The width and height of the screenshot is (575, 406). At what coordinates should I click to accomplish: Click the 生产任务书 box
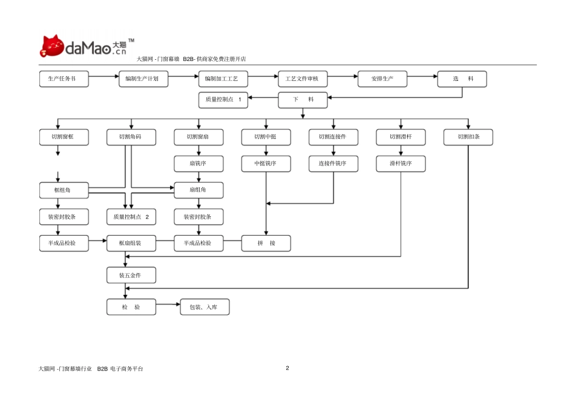[64, 79]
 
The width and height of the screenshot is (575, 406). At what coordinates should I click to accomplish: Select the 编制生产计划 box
[143, 79]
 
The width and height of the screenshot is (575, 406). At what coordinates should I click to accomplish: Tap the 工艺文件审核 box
[303, 79]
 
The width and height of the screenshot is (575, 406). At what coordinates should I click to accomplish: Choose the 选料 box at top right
[462, 79]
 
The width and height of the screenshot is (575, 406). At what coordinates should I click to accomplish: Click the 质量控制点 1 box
[223, 100]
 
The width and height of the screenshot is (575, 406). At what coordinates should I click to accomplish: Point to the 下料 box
[303, 100]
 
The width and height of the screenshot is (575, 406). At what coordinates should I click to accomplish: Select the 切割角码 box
[131, 137]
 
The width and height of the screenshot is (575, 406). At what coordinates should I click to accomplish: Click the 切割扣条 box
[468, 137]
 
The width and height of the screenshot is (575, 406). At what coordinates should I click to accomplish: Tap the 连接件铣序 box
[333, 164]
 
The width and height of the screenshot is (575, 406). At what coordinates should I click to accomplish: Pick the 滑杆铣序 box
[401, 164]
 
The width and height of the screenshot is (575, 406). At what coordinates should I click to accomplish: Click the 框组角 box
[64, 190]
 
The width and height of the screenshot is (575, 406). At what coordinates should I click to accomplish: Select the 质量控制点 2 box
[131, 217]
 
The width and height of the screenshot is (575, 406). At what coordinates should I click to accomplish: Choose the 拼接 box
[266, 243]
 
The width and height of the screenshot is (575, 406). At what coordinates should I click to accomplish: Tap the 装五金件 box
[131, 275]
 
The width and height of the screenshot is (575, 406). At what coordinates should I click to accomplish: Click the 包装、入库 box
[205, 307]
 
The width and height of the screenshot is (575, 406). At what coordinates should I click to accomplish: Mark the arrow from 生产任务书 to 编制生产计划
[103, 77]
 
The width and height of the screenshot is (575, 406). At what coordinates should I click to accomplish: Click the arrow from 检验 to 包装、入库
[168, 304]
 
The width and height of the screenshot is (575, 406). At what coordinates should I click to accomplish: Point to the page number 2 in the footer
[287, 368]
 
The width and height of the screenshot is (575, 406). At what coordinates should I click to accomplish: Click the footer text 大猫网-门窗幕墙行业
[65, 369]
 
